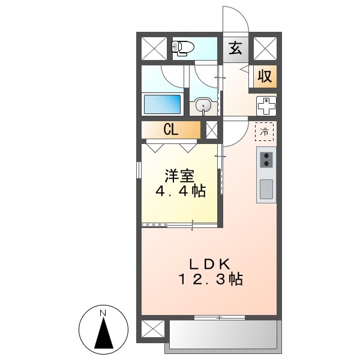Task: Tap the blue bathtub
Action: pos(162,104)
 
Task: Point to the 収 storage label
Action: pos(265,76)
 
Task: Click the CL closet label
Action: pos(170,130)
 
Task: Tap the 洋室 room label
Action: pos(179,176)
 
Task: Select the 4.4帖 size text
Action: pos(181,192)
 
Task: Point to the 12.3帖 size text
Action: pos(210,280)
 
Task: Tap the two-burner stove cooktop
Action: pos(266,160)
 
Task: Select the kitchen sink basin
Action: pos(266,189)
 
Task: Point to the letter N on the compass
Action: pos(103,313)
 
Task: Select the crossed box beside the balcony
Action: pos(152,329)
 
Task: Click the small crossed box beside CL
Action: pos(211,130)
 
